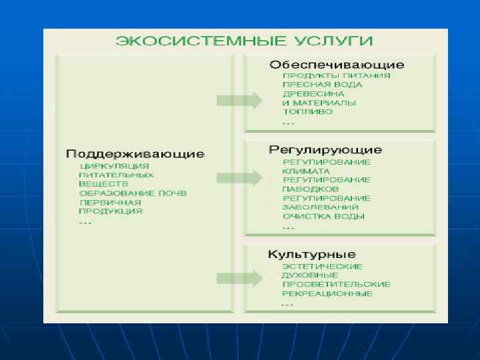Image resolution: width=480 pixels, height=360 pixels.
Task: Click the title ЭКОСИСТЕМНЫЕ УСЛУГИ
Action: point(244,41)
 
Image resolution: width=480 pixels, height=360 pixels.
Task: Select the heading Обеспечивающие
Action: point(336,65)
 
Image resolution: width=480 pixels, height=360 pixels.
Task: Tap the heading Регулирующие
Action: point(325,150)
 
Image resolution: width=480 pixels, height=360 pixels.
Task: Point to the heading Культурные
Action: point(311,254)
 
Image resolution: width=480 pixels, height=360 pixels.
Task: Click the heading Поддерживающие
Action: point(135,154)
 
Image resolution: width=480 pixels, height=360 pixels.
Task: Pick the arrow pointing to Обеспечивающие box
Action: point(239,101)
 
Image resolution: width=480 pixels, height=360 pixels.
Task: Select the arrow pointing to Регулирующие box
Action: point(239,177)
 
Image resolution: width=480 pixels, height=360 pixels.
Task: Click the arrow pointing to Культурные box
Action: point(239,277)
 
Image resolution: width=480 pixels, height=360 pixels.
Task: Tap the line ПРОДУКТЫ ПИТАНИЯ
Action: point(336,76)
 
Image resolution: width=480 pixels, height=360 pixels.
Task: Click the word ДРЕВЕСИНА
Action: point(313,94)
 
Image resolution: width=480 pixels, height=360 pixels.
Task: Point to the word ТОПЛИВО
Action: point(307,112)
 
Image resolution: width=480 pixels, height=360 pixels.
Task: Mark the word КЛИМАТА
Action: point(306,171)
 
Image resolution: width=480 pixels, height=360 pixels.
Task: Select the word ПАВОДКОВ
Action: point(311,189)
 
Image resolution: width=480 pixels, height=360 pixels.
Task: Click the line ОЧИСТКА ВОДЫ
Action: point(323,217)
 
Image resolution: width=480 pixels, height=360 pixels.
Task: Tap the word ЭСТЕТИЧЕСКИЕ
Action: point(322,267)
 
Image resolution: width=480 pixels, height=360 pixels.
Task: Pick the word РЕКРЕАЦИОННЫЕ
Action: point(327,293)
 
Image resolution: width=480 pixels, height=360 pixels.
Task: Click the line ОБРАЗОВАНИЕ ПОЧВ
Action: point(133,193)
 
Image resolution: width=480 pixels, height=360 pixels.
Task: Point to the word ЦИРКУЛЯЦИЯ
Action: point(114,166)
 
